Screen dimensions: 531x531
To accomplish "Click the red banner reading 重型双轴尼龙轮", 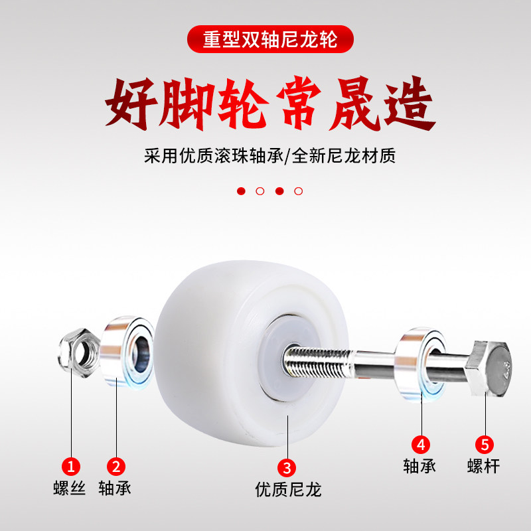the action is click(x=270, y=39).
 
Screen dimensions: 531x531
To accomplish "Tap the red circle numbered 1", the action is click(x=71, y=467).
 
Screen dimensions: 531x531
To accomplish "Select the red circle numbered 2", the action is click(x=116, y=467).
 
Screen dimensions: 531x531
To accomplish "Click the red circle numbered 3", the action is click(x=287, y=468).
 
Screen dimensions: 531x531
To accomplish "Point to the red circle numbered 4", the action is click(x=421, y=444).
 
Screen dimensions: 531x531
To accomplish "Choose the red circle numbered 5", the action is click(x=485, y=444).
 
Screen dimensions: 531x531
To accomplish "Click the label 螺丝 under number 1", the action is click(x=70, y=488).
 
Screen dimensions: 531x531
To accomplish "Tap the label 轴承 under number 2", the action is click(x=115, y=488).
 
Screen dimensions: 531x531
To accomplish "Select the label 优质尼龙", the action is click(x=288, y=489).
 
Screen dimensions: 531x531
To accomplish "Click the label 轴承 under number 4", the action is click(x=419, y=466).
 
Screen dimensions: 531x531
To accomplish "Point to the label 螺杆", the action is click(x=484, y=466).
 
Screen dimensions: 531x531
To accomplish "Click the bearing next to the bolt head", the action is click(x=421, y=365).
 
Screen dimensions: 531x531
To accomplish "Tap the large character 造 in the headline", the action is click(x=409, y=104).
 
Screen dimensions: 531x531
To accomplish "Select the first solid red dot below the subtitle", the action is click(x=241, y=191).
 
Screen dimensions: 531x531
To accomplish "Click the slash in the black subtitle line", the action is click(x=287, y=156).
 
